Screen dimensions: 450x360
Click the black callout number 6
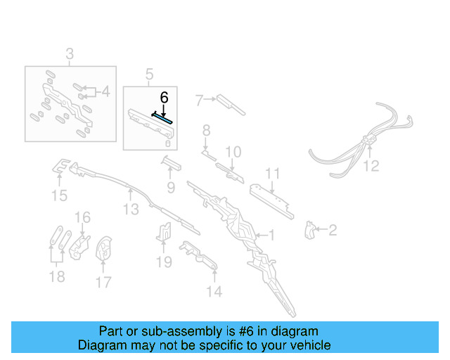[x=164, y=98]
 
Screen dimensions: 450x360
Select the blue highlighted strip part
[x=162, y=117]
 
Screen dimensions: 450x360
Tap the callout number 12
[x=371, y=166]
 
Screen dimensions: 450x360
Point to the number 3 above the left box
[x=70, y=53]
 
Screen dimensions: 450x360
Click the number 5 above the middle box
[x=149, y=75]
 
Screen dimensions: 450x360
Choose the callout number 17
[x=103, y=282]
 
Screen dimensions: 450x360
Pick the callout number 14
[x=214, y=291]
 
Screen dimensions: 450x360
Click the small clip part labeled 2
[x=309, y=230]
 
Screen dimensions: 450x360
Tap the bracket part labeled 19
[x=164, y=232]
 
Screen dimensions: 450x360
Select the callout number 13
[x=131, y=210]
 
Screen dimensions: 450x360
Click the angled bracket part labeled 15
[x=61, y=166]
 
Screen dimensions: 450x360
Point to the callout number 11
[x=272, y=174]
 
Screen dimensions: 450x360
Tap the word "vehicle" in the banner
[x=313, y=345]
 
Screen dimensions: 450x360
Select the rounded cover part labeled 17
[x=103, y=248]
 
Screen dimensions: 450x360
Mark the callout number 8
[x=206, y=130]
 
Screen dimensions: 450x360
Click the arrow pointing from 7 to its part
[x=210, y=99]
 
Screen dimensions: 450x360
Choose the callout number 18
[x=57, y=277]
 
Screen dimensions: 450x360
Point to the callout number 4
[x=106, y=92]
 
